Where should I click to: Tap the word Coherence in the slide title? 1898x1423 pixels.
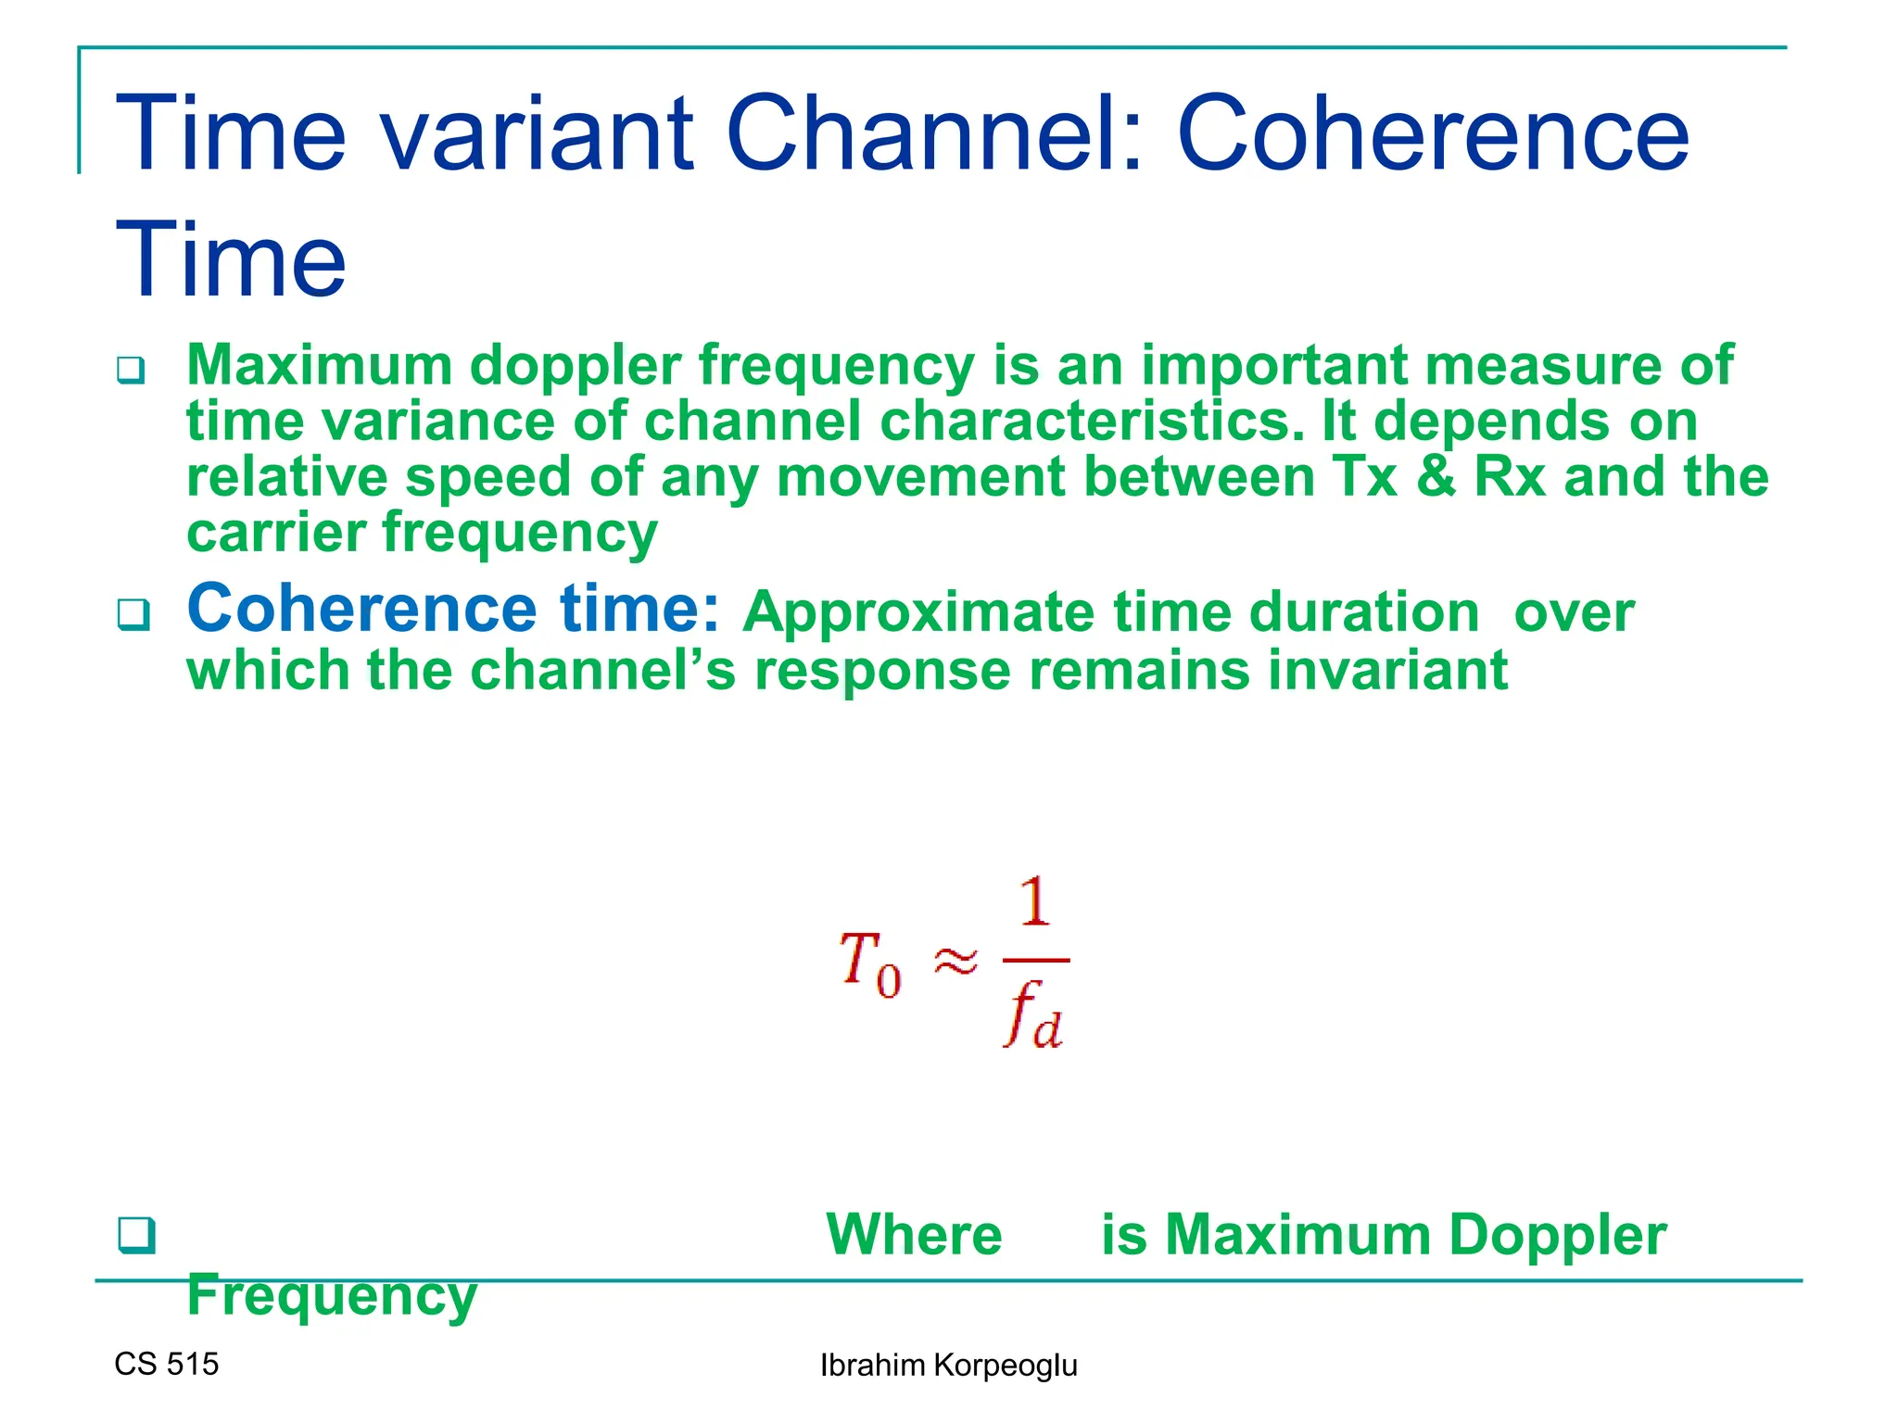[x=1433, y=134]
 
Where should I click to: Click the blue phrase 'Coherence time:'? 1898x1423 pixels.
[x=453, y=609]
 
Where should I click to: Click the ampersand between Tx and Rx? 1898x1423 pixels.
[x=1436, y=477]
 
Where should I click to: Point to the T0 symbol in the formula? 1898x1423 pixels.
[x=869, y=963]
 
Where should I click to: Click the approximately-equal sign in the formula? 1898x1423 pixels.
[x=955, y=962]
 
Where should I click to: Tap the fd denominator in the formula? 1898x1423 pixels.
[x=1033, y=1016]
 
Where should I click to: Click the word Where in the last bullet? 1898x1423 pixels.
[x=914, y=1235]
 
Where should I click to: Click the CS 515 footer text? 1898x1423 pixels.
[x=167, y=1364]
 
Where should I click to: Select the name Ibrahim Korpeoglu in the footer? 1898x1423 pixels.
[x=948, y=1366]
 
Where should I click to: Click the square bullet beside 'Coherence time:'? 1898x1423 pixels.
[x=133, y=614]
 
